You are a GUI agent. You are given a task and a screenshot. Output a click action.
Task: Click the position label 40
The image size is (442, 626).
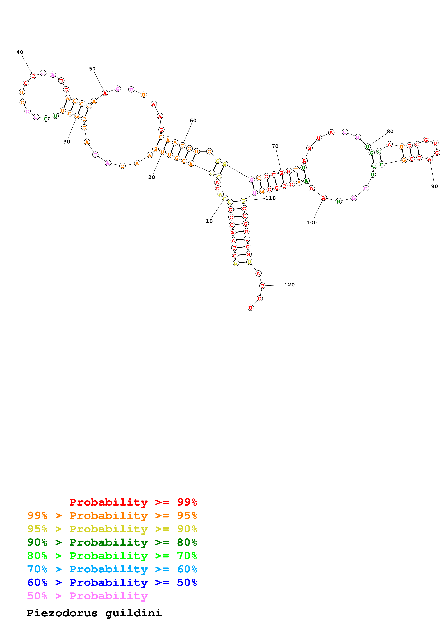(x=20, y=52)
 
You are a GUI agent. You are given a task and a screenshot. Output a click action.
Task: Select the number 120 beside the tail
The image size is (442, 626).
(x=289, y=285)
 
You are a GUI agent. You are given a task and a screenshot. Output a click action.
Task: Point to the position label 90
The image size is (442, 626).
(x=434, y=186)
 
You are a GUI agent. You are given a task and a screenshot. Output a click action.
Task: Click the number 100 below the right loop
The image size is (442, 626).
(x=311, y=223)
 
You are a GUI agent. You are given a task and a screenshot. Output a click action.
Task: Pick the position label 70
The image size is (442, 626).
(x=275, y=146)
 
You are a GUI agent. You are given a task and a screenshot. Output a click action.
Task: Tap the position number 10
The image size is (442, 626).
(x=209, y=221)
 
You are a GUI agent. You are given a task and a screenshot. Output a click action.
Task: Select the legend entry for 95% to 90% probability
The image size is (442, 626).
(x=112, y=529)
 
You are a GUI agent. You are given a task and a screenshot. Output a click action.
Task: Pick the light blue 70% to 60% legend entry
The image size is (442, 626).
(x=112, y=569)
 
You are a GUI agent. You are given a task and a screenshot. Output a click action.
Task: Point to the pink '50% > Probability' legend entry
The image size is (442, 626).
(x=87, y=596)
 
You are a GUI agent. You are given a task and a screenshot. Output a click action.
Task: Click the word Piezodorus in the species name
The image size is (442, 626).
(x=62, y=613)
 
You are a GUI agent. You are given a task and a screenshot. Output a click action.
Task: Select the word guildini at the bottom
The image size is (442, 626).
(x=133, y=613)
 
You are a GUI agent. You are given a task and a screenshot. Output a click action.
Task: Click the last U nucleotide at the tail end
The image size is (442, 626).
(x=251, y=308)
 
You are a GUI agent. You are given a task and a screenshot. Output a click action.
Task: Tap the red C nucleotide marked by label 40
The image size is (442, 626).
(x=33, y=76)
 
